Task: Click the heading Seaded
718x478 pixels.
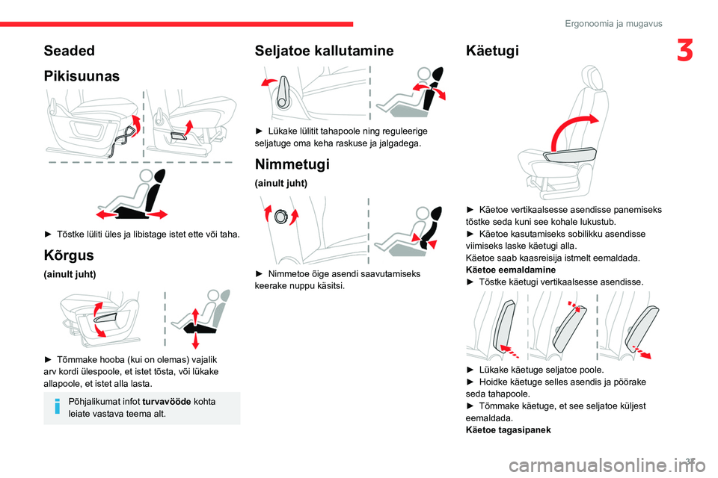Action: tap(70, 51)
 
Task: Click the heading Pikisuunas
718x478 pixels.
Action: tap(82, 75)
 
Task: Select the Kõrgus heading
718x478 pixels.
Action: tap(68, 255)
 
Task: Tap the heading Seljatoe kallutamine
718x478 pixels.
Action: tap(324, 51)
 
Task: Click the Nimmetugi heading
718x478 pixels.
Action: tap(292, 164)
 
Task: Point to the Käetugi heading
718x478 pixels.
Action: tap(491, 51)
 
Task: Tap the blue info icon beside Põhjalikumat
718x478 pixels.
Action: tap(57, 408)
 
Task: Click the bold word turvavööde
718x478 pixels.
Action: tap(166, 402)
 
